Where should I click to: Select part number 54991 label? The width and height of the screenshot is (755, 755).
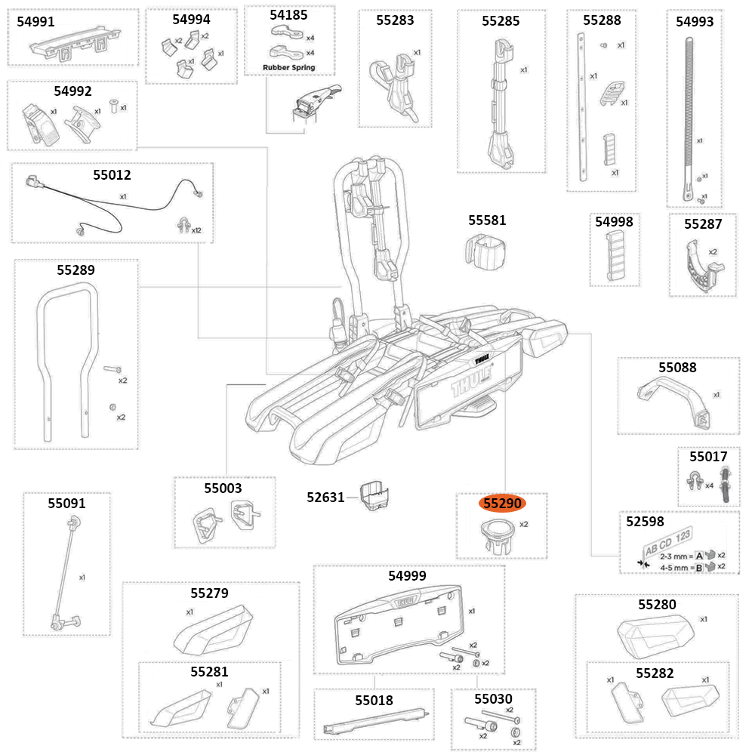coord(35,22)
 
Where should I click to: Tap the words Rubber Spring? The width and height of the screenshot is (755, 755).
coord(288,67)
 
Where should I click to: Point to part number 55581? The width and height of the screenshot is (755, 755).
coord(487,220)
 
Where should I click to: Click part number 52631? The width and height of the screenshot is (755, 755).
coord(325,497)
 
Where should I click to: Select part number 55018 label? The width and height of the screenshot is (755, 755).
coord(374,700)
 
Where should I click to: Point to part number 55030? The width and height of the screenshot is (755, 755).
coord(493,699)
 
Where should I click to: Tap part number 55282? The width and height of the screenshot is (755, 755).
coord(655,673)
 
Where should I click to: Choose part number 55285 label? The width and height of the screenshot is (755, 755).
coord(501,20)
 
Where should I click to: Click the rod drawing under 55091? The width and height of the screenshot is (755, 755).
coord(63,574)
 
